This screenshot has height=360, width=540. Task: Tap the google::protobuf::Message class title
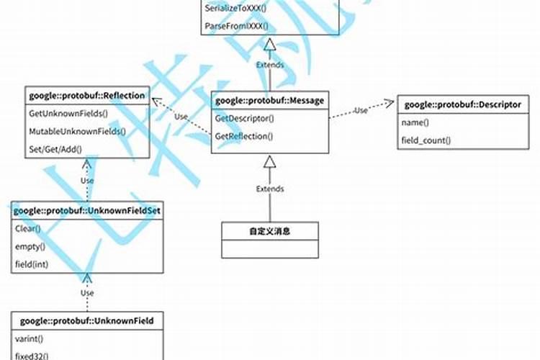click(269, 101)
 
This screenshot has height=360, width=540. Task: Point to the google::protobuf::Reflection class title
click(87, 95)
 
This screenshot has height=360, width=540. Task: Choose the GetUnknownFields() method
click(68, 114)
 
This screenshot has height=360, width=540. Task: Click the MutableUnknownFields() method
click(77, 131)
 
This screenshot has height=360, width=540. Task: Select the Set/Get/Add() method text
click(55, 149)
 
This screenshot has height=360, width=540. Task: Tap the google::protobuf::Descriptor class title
click(462, 104)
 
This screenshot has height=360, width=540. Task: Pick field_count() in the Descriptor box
click(426, 140)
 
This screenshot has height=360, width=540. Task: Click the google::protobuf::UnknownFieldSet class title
click(86, 210)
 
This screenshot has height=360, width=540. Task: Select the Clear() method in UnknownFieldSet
click(28, 229)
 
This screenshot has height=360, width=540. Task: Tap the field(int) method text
click(32, 264)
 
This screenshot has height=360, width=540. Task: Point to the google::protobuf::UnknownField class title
click(86, 320)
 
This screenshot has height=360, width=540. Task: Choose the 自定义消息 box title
click(269, 231)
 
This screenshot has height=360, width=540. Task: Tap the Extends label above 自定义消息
click(270, 189)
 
